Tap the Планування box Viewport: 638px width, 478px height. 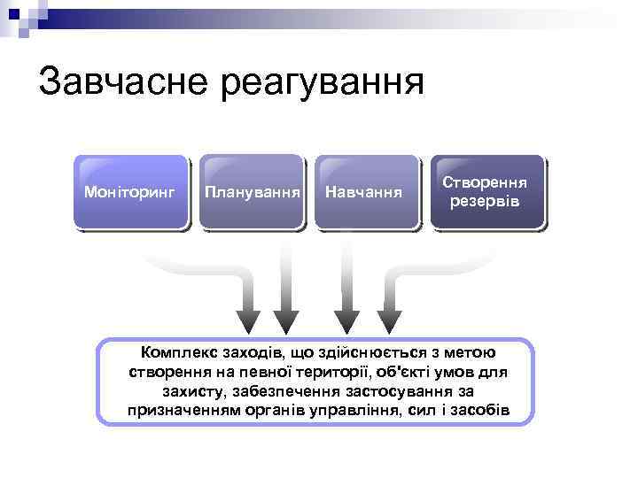(251, 192)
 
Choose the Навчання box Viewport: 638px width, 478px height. (364, 192)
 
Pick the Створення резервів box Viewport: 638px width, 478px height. (485, 192)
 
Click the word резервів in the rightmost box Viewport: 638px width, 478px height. (485, 202)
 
